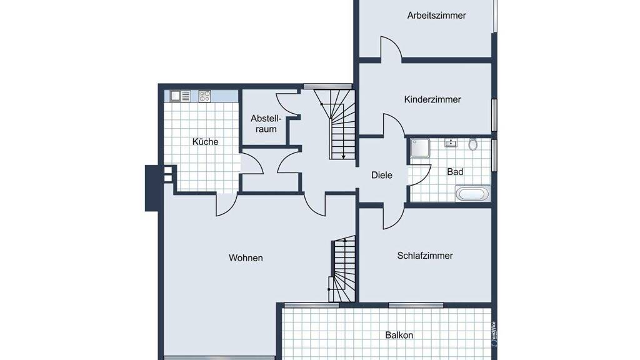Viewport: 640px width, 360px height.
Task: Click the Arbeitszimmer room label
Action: pyautogui.click(x=436, y=16)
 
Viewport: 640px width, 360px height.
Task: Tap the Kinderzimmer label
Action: pyautogui.click(x=432, y=99)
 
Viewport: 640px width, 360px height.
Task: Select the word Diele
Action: pyautogui.click(x=382, y=175)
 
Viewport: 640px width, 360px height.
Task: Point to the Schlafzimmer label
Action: pyautogui.click(x=425, y=256)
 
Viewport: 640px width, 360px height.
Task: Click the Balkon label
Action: pyautogui.click(x=399, y=335)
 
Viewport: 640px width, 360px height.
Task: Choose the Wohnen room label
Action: pyautogui.click(x=246, y=258)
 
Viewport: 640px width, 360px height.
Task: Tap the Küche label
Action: pyautogui.click(x=205, y=142)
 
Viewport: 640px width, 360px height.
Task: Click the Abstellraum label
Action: pyautogui.click(x=266, y=124)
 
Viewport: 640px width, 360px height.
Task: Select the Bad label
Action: pyautogui.click(x=455, y=172)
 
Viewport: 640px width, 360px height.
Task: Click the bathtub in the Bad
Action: pyautogui.click(x=472, y=194)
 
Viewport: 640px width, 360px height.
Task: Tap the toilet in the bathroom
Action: pyautogui.click(x=472, y=144)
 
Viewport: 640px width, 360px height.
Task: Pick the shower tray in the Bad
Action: pyautogui.click(x=420, y=147)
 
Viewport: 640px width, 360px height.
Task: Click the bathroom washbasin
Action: pyautogui.click(x=451, y=142)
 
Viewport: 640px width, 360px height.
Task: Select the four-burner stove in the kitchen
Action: pyautogui.click(x=204, y=96)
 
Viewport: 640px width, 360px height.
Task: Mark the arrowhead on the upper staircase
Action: pyautogui.click(x=344, y=156)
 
